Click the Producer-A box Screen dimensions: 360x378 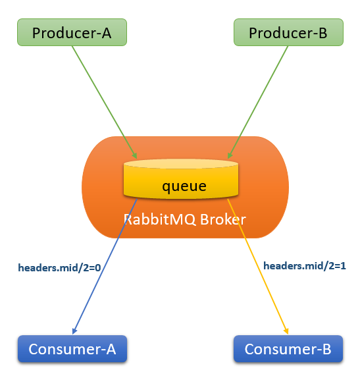[x=72, y=32]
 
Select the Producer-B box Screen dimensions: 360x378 [x=288, y=32]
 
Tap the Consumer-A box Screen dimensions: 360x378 [x=72, y=348]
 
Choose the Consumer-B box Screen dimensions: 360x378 [x=288, y=348]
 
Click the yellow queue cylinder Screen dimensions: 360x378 [x=181, y=179]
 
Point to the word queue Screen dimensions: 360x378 [x=184, y=186]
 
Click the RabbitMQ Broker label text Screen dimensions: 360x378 [x=185, y=219]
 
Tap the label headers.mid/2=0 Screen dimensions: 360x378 [x=59, y=268]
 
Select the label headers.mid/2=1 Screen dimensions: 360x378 [x=305, y=266]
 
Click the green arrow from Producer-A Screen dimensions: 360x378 [x=105, y=102]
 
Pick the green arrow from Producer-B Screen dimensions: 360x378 [x=258, y=102]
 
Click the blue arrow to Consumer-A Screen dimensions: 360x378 [x=105, y=267]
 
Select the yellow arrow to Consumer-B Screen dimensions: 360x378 [x=258, y=267]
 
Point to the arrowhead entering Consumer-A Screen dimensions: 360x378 [x=74, y=331]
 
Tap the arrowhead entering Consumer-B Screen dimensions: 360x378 [x=286, y=331]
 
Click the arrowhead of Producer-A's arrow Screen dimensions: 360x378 [x=135, y=155]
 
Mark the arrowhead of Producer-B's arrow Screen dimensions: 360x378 [x=230, y=155]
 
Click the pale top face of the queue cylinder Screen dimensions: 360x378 [x=181, y=164]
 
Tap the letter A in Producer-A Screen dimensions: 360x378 [x=107, y=33]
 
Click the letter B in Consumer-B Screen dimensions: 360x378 [x=326, y=349]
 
